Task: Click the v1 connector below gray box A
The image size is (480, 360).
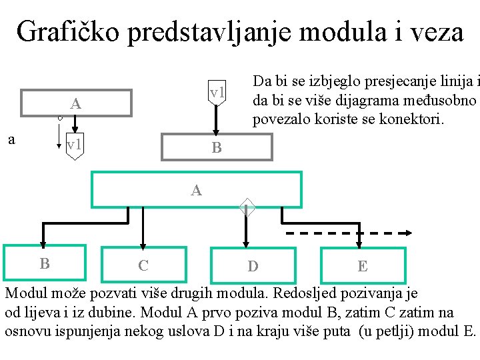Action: click(x=75, y=145)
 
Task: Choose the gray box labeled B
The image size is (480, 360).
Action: click(x=217, y=147)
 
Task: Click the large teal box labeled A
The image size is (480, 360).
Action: click(x=196, y=190)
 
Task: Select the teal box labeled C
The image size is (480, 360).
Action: click(x=143, y=265)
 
